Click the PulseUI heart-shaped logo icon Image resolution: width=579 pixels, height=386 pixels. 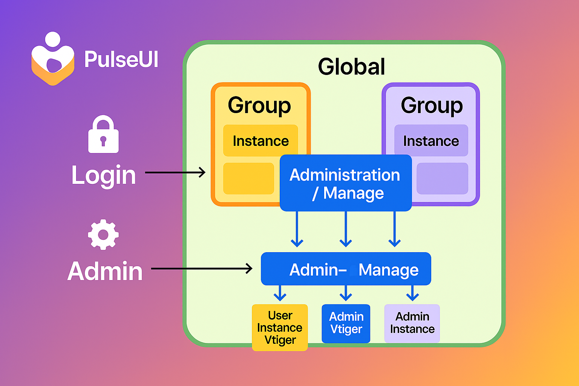pyautogui.click(x=53, y=59)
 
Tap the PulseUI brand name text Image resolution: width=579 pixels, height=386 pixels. pyautogui.click(x=121, y=59)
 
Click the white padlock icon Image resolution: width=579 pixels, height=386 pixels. pyautogui.click(x=103, y=134)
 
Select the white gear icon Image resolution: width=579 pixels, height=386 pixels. pyautogui.click(x=103, y=234)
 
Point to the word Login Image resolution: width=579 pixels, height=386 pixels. pyautogui.click(x=103, y=176)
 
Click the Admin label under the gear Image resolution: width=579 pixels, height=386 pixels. pyautogui.click(x=105, y=271)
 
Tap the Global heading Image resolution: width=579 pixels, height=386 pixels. pyautogui.click(x=352, y=66)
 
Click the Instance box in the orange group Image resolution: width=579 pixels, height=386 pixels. pyautogui.click(x=260, y=140)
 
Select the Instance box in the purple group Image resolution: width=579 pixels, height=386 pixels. pyautogui.click(x=431, y=140)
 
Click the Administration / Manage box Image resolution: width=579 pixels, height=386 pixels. pyautogui.click(x=346, y=183)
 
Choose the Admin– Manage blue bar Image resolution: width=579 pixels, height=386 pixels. pyautogui.click(x=346, y=269)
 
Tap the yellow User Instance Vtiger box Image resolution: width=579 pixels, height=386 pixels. pyautogui.click(x=280, y=328)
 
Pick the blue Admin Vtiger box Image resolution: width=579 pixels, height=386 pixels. pyautogui.click(x=346, y=323)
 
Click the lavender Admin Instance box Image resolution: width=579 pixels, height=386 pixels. pyautogui.click(x=412, y=323)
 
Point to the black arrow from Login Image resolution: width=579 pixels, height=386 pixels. pyautogui.click(x=175, y=172)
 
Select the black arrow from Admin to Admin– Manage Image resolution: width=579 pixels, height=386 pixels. pyautogui.click(x=202, y=269)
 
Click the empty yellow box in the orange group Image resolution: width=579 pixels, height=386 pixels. pyautogui.click(x=248, y=178)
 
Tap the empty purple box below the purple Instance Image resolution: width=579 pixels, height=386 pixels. pyautogui.click(x=442, y=178)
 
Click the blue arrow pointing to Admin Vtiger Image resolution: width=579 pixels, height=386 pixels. pyautogui.click(x=346, y=293)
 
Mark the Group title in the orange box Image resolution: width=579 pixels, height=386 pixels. pyautogui.click(x=259, y=106)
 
